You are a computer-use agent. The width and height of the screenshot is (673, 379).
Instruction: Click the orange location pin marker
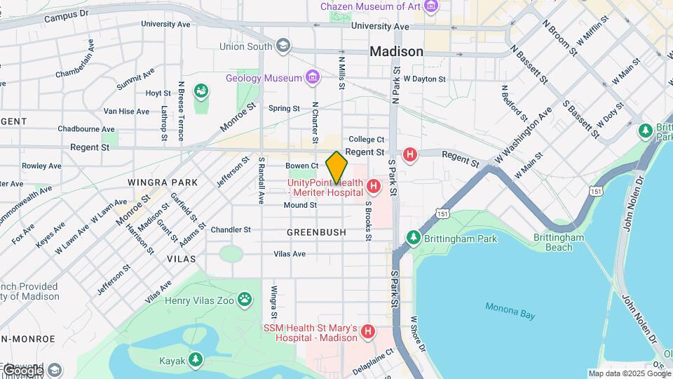click(x=336, y=167)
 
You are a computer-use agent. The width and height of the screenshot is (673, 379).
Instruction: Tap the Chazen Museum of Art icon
click(x=430, y=7)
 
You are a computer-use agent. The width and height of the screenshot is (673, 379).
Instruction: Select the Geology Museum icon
click(x=313, y=77)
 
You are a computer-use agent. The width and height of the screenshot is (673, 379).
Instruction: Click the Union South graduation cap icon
click(x=283, y=47)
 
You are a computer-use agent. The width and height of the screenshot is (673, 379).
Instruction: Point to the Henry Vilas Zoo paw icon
click(x=244, y=300)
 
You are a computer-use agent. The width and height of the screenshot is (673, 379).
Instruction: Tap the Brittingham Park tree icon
click(x=414, y=239)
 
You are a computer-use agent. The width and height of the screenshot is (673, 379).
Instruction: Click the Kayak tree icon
click(x=198, y=361)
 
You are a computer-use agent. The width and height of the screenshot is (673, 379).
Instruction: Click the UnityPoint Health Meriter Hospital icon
click(x=374, y=187)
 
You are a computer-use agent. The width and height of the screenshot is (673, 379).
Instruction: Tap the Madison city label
click(x=396, y=51)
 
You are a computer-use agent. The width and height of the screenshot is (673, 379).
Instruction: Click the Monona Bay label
click(x=510, y=311)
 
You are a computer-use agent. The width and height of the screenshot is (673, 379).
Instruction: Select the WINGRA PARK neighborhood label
click(x=153, y=182)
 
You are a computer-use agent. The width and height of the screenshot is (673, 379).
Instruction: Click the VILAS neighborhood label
click(x=181, y=259)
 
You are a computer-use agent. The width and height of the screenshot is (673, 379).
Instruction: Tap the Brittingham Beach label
click(x=558, y=242)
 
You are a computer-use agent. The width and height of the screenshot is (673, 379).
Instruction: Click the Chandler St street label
click(x=231, y=230)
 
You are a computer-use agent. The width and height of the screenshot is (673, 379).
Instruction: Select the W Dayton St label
click(x=425, y=79)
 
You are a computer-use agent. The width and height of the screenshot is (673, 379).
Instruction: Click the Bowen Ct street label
click(x=302, y=166)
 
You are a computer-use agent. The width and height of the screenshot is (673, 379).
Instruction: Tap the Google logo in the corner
click(x=22, y=370)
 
